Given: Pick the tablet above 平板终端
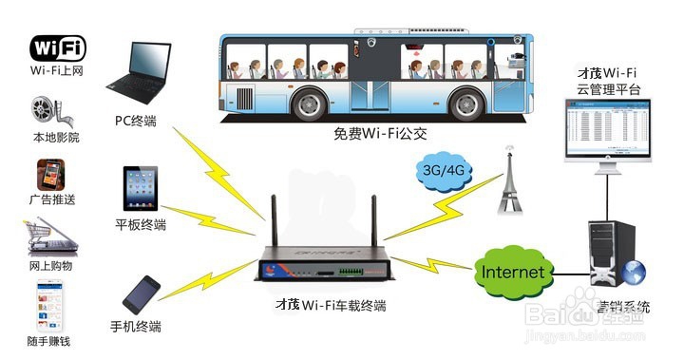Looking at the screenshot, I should [141, 189].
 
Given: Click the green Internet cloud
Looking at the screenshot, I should [513, 273].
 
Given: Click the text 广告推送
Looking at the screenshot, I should [53, 199].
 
